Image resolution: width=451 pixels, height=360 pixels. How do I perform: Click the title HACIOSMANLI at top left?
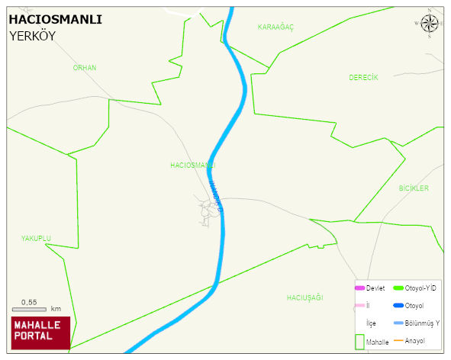click(x=55, y=20)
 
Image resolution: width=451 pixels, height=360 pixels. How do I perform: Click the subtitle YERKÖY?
click(x=33, y=36)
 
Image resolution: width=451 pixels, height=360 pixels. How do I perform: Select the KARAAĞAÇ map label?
click(x=275, y=27)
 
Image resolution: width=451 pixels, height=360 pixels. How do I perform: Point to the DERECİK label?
click(x=363, y=77)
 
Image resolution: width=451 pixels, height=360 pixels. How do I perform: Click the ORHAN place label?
click(x=84, y=68)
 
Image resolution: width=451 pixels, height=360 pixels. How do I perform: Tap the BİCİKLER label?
click(x=414, y=188)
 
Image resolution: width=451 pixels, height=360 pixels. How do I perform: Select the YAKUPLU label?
click(x=36, y=238)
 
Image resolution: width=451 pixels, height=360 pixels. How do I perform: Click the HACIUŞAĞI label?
click(x=305, y=297)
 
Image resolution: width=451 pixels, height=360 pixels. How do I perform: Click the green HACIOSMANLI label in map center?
click(x=192, y=165)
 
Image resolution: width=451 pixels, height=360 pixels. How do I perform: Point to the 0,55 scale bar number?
click(x=29, y=302)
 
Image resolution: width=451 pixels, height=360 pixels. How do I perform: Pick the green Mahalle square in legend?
click(x=359, y=342)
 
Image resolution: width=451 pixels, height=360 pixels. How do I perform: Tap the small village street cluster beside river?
click(x=205, y=210)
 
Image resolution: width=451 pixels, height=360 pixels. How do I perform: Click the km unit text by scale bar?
click(x=56, y=309)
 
